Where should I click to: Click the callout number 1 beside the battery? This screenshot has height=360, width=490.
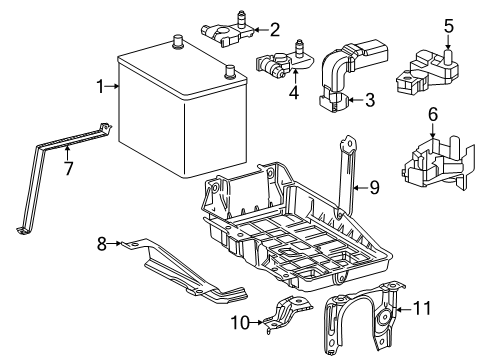pyautogui.click(x=100, y=86)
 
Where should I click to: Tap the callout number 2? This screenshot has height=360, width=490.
pyautogui.click(x=275, y=30)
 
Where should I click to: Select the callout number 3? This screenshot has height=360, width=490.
pyautogui.click(x=370, y=100)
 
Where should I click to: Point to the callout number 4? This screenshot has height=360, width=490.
pyautogui.click(x=294, y=92)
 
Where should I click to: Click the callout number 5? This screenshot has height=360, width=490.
pyautogui.click(x=449, y=26)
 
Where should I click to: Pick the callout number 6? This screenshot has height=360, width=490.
pyautogui.click(x=433, y=114)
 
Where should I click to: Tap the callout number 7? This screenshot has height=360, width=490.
pyautogui.click(x=68, y=168)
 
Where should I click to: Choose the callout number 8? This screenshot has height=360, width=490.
pyautogui.click(x=102, y=244)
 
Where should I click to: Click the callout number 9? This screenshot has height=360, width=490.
pyautogui.click(x=374, y=188)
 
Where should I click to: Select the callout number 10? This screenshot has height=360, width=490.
pyautogui.click(x=240, y=322)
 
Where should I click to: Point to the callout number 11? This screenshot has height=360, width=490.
pyautogui.click(x=422, y=308)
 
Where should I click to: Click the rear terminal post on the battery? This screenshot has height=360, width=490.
pyautogui.click(x=177, y=42)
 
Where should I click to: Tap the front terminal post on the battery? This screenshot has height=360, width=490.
pyautogui.click(x=230, y=72)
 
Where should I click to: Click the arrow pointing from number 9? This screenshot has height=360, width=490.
pyautogui.click(x=360, y=188)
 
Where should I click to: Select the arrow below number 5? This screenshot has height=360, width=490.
pyautogui.click(x=448, y=42)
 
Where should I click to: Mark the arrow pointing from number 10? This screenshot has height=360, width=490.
pyautogui.click(x=256, y=322)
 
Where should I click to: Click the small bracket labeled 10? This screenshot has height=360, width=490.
pyautogui.click(x=287, y=314)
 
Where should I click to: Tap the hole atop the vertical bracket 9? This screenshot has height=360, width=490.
pyautogui.click(x=350, y=144)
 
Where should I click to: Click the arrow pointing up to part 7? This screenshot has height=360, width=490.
pyautogui.click(x=68, y=153)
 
